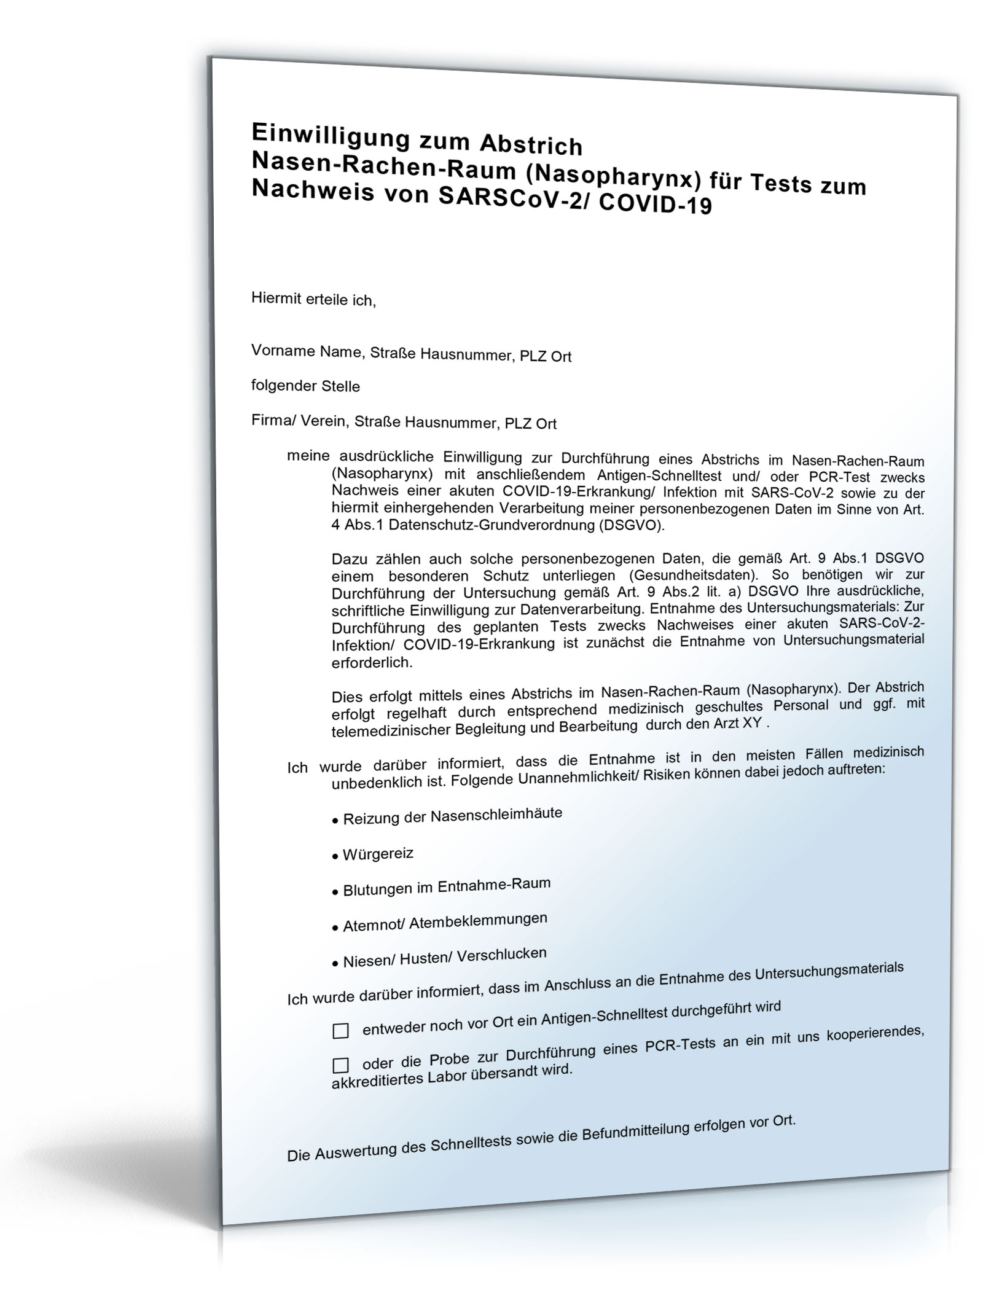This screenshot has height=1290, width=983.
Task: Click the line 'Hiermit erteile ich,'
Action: pos(313,300)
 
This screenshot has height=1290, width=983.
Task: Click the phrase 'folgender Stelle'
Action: pos(305,386)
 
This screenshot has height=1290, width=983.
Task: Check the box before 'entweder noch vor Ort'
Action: pos(340,1031)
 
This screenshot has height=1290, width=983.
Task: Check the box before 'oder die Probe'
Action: pos(340,1065)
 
